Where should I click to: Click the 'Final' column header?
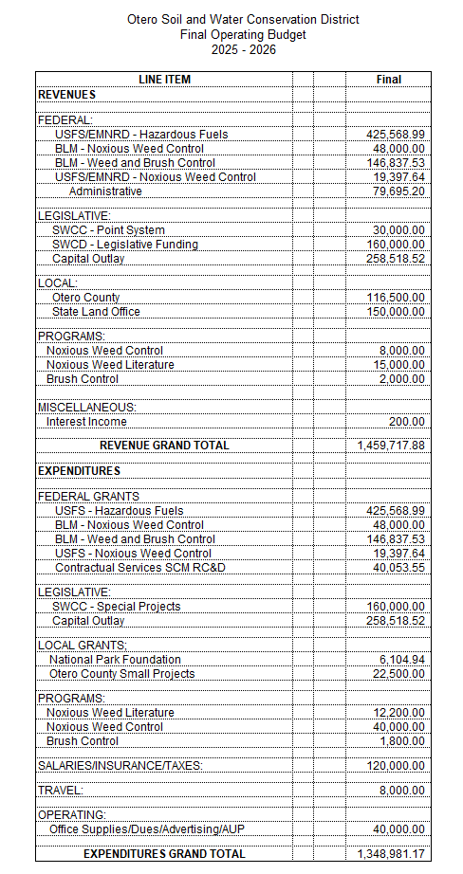pos(388,80)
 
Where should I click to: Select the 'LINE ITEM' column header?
pos(163,80)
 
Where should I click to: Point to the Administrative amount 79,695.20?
pos(396,191)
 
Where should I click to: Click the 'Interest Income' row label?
pos(86,421)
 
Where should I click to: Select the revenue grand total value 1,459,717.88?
pos(391,445)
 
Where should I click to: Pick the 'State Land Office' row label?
pos(96,312)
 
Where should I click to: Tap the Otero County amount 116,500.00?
pos(396,298)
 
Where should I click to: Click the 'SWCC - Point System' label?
pos(108,230)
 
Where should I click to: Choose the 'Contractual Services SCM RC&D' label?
pos(139,568)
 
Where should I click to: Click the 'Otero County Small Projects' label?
pos(121,674)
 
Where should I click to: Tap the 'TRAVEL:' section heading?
pos(61,790)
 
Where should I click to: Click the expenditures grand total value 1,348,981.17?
pos(391,854)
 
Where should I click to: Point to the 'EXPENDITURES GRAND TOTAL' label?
pos(164,854)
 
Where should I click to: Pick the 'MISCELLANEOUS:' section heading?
pos(86,407)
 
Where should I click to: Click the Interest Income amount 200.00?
pos(406,421)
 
